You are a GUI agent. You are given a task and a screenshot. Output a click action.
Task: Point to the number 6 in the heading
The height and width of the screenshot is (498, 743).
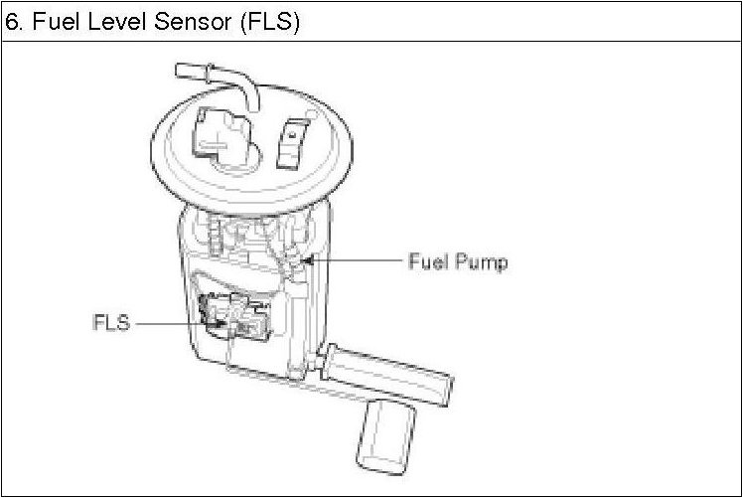coord(13,21)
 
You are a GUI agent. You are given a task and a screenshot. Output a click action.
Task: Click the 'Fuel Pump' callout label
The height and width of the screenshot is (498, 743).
coord(458,262)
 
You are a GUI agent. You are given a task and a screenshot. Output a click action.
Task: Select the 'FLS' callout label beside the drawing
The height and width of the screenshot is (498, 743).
coord(111,323)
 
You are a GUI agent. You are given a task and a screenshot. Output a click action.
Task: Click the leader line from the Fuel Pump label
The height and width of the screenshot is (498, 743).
coord(358,261)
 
